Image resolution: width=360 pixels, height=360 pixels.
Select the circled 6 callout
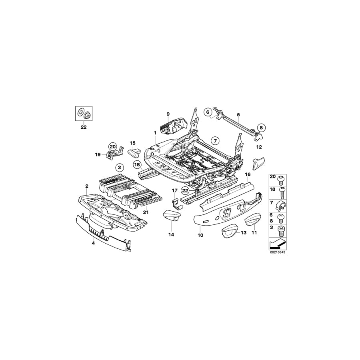point(208,112)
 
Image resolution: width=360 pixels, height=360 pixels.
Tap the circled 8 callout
point(261,128)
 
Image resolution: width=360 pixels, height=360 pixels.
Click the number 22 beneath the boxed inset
point(83,127)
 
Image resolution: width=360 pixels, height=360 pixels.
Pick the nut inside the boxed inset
point(86,114)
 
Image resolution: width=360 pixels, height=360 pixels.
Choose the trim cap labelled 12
point(258,163)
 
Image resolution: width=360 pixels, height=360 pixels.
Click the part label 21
point(146,212)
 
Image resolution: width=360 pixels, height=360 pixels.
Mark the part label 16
point(248,174)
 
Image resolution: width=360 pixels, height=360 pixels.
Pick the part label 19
point(97,154)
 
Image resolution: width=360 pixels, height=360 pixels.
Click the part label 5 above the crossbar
point(238,115)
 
